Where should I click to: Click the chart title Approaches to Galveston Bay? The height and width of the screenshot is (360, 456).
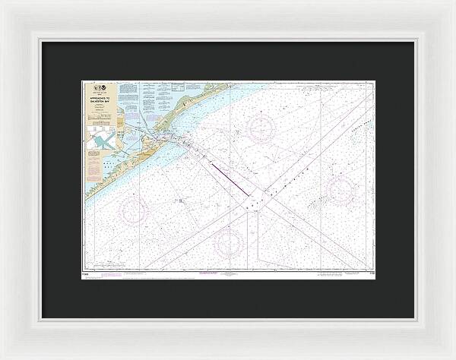100,99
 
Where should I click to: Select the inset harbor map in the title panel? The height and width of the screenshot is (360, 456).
100,139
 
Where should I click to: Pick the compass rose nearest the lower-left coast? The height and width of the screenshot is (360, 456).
135,210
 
